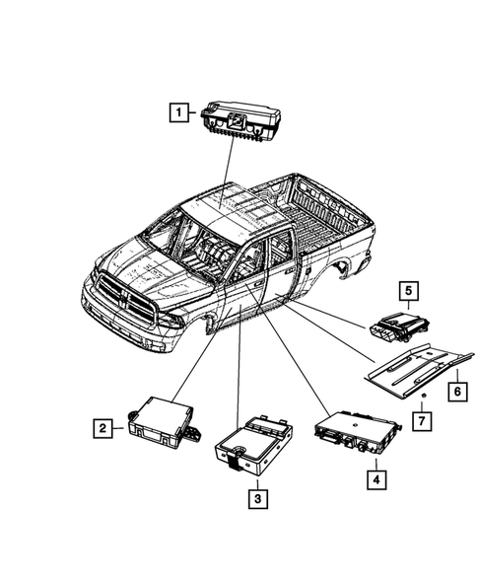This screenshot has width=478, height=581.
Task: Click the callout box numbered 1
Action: [178, 112]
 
